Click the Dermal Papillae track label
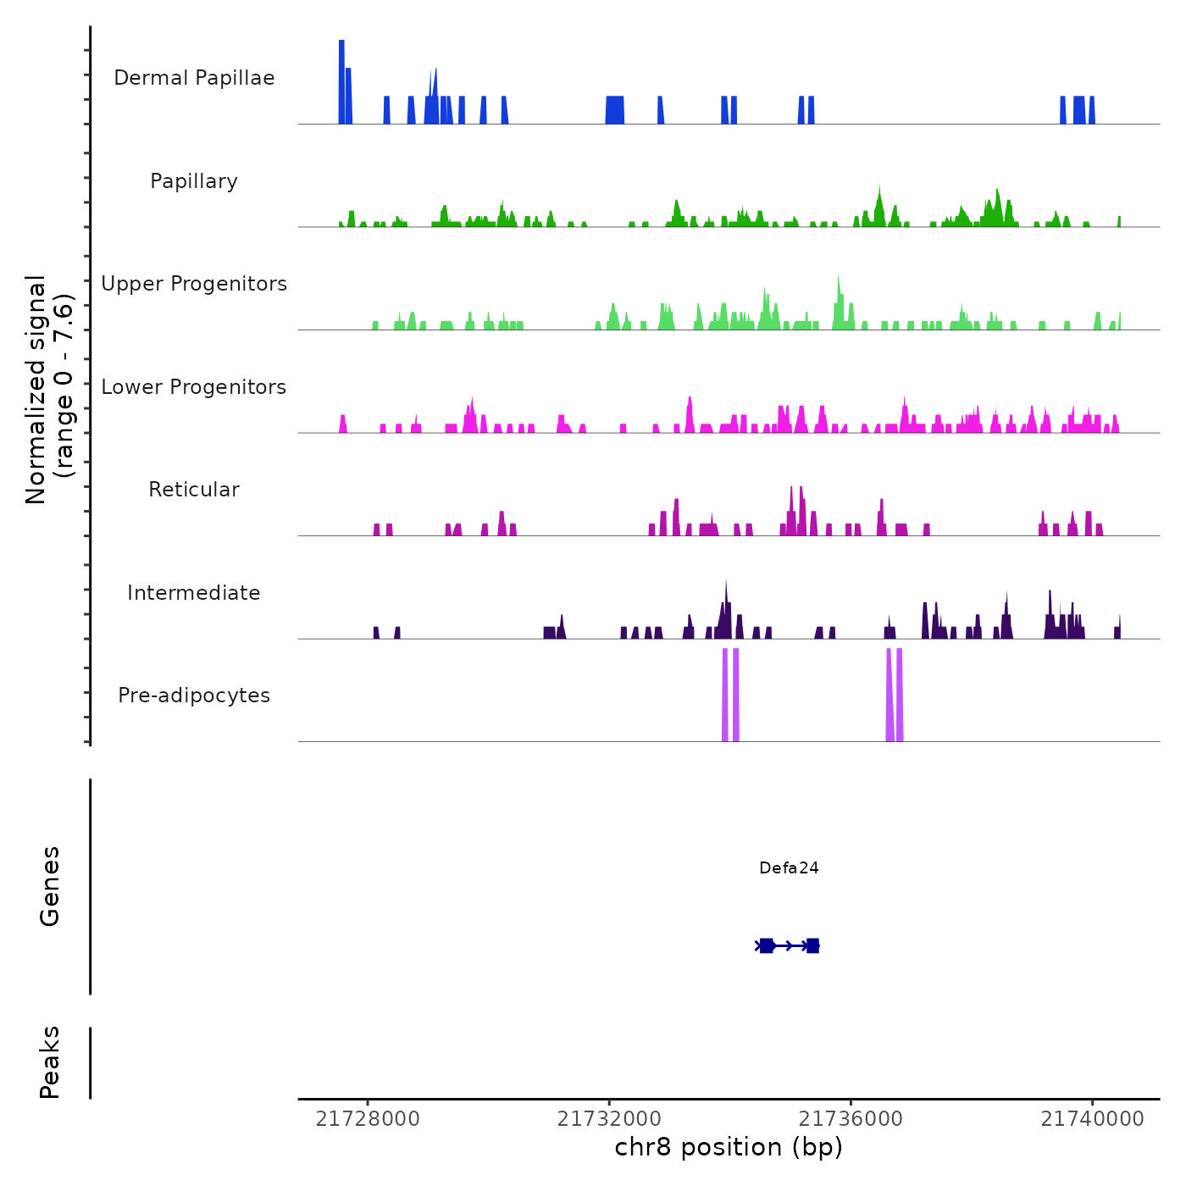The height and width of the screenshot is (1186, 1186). point(194,78)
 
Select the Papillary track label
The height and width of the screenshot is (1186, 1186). point(194,181)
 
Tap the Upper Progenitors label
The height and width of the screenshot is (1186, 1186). point(194,284)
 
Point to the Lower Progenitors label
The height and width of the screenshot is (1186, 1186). point(194,387)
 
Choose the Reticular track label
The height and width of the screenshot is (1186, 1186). point(194,490)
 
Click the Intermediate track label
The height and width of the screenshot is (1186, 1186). point(194,593)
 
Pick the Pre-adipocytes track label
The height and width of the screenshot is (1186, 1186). point(194,696)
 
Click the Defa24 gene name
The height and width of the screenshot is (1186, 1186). point(789,867)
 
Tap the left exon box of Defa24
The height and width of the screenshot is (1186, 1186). point(767,945)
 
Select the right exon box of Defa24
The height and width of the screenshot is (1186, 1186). point(812,945)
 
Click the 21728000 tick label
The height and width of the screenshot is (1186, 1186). point(368,1119)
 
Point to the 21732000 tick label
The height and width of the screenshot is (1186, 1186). point(609,1119)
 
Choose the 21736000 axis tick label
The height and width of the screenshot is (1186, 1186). point(851,1119)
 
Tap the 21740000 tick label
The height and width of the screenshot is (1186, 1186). point(1092,1119)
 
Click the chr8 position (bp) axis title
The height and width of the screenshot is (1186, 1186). point(729,1147)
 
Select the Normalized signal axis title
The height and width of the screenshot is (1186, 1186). point(49,390)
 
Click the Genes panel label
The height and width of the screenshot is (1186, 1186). point(50,886)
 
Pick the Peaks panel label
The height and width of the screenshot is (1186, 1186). point(50,1062)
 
